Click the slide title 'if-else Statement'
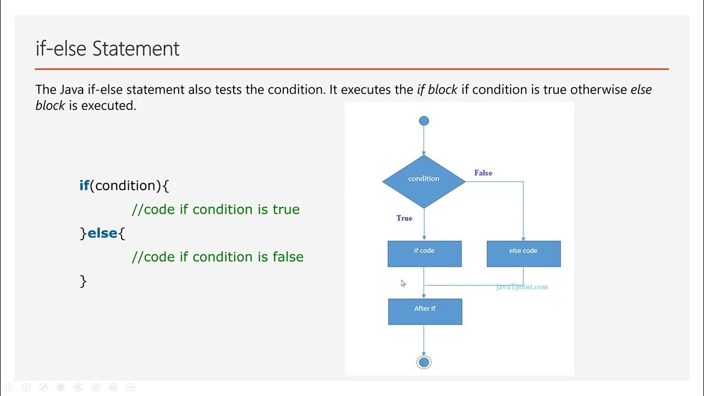(107, 48)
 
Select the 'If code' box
(424, 254)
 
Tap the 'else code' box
(523, 254)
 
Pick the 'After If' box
(425, 311)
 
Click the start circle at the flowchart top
(424, 121)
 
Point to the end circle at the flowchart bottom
(424, 362)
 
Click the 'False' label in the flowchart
(483, 173)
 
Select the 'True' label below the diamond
(404, 218)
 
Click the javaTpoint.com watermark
(521, 287)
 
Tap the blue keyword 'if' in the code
(84, 186)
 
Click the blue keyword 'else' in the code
(102, 233)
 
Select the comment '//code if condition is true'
(216, 210)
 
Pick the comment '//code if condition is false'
(217, 257)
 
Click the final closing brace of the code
(84, 281)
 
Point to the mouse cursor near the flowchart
(403, 283)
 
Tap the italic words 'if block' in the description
(437, 90)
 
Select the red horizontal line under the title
(352, 69)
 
